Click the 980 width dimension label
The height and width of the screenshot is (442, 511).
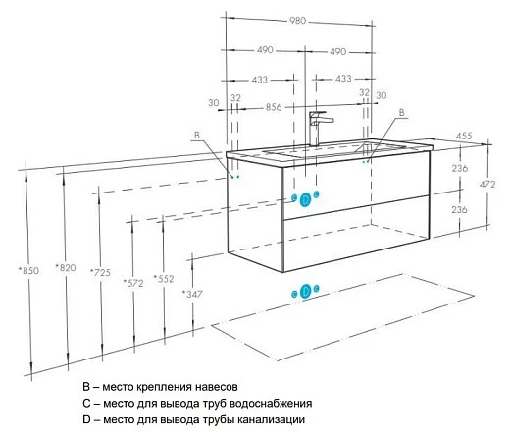pos(297,21)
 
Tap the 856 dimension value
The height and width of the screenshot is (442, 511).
pos(274,107)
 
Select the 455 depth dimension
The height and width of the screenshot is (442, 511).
pos(464,136)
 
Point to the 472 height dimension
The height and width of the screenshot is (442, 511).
pos(487,185)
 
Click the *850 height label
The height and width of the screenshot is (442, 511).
pos(28,271)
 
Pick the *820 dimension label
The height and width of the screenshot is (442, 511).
pos(66,268)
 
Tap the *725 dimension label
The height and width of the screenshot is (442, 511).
pos(100,272)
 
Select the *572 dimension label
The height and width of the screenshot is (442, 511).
pos(133,283)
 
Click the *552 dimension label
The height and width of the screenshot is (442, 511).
pos(164,279)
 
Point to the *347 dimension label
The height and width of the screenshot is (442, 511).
pos(192,294)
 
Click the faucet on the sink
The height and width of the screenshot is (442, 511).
pos(319,129)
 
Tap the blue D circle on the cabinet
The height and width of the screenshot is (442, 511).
pos(305,199)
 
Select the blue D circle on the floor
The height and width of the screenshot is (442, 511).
pos(306,291)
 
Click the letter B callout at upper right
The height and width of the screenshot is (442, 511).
pos(401,112)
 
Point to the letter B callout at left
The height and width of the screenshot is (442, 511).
pos(196,136)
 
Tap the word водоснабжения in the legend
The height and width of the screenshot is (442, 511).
pos(271,403)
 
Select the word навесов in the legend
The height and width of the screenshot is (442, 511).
pos(217,387)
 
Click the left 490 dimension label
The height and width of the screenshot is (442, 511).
pos(265,50)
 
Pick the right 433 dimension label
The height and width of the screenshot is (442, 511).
pos(343,79)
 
